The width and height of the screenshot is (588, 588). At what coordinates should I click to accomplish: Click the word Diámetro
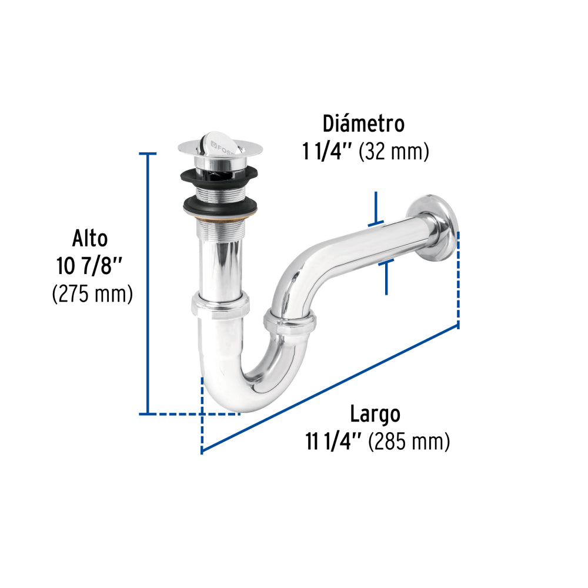click(363, 124)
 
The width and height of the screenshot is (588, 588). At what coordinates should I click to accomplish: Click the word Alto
click(90, 239)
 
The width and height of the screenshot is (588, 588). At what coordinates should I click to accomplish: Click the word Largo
click(375, 414)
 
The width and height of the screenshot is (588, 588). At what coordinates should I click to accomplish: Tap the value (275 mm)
click(92, 293)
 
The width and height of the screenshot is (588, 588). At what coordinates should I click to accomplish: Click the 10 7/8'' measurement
click(89, 266)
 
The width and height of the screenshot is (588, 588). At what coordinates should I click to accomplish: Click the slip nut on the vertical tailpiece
click(220, 306)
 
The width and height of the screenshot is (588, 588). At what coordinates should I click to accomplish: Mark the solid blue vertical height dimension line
click(148, 282)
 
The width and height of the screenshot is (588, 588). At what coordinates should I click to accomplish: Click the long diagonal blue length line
click(329, 388)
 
